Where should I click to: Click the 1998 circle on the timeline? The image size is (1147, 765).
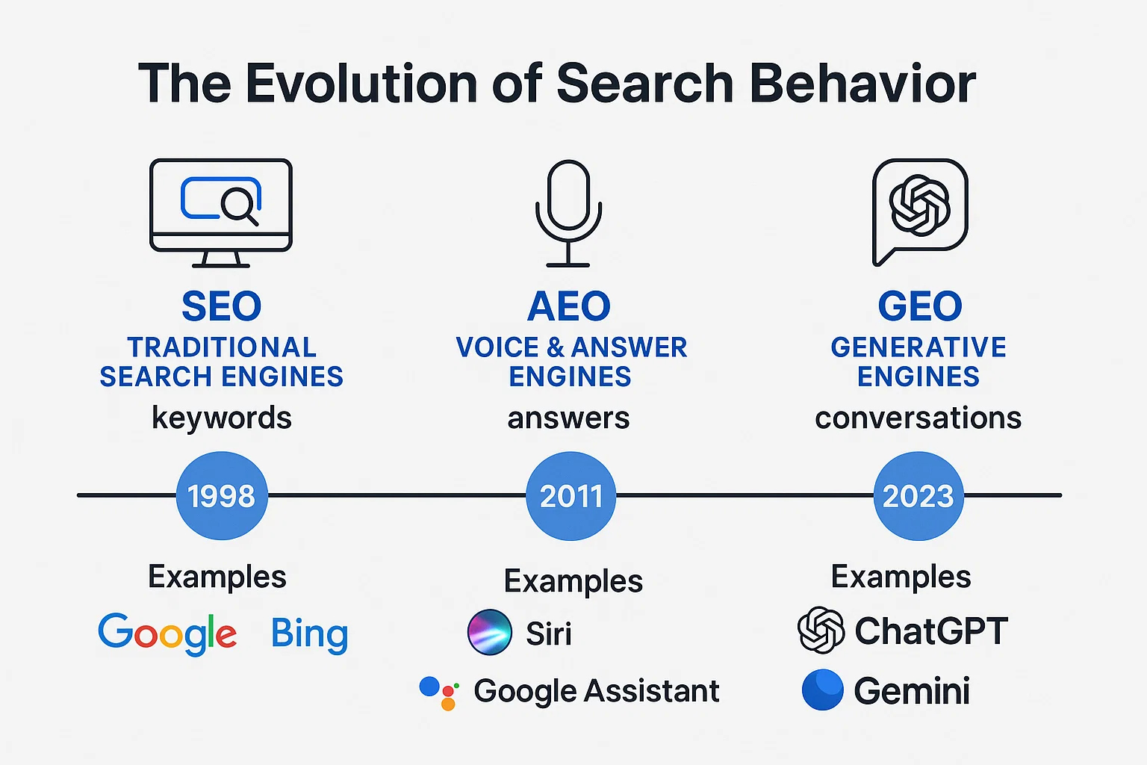(222, 495)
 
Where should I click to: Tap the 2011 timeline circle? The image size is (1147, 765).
(571, 495)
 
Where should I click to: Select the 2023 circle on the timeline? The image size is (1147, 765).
(918, 495)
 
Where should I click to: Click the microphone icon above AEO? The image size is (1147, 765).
(568, 212)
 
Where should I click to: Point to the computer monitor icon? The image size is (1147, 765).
(221, 212)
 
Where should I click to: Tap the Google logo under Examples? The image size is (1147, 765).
(167, 634)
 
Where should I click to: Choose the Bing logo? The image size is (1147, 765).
(309, 634)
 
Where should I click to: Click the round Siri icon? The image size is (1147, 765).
(490, 632)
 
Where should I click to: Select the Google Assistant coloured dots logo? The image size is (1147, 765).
(439, 693)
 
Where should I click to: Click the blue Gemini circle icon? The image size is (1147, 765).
(822, 690)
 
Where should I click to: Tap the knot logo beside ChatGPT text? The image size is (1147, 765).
(821, 630)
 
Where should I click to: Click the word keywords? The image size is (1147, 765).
(222, 418)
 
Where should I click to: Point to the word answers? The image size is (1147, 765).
(568, 418)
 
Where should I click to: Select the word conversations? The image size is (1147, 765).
(918, 418)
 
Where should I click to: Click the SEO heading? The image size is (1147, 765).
(222, 306)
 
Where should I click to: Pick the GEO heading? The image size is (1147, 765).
(919, 306)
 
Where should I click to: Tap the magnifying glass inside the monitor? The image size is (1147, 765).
(240, 205)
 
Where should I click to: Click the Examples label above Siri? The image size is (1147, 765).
(573, 581)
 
